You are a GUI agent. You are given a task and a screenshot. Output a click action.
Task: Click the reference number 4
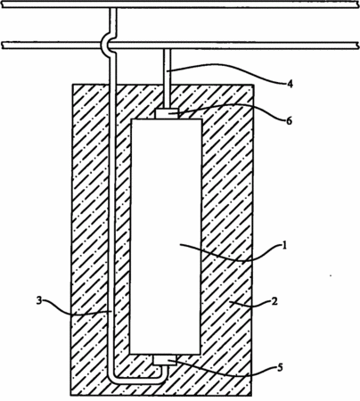pos(290,84)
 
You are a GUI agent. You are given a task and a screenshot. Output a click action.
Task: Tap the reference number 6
pos(289,121)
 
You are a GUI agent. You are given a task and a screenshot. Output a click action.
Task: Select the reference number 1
pos(284,246)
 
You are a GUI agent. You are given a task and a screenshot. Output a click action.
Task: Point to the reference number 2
pos(274,301)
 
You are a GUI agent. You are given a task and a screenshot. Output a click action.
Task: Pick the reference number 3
pos(39,301)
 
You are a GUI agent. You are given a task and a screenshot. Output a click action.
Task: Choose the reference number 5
pos(280,368)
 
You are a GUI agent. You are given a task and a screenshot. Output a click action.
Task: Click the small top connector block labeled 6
pos(167,113)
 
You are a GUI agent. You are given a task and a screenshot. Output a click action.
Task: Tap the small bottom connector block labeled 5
pos(165,360)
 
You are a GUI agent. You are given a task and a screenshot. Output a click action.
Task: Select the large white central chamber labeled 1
pos(166,236)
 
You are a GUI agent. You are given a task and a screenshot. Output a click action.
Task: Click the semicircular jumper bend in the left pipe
pos(104,45)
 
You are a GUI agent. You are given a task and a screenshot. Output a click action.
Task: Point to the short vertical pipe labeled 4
pos(168,78)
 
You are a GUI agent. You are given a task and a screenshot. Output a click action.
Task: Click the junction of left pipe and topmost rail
pos(113,8)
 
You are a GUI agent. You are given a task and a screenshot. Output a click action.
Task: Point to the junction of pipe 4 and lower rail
pos(168,47)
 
